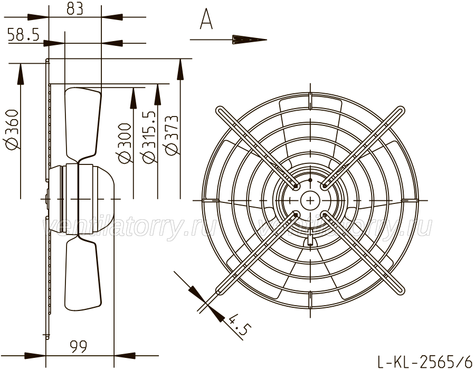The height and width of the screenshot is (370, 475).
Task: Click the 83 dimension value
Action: point(75,9)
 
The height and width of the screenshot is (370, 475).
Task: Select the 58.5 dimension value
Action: point(23,34)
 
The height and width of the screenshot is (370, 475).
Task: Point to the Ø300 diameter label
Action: point(125,143)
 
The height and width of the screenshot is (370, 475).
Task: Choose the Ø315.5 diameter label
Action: point(149,137)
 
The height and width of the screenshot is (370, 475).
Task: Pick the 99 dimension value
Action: point(79,346)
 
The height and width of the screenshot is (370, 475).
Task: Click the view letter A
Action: point(206,19)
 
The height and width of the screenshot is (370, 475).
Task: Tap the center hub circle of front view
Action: point(310,200)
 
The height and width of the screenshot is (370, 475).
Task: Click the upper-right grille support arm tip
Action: point(401,111)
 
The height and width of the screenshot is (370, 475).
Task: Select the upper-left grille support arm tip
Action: point(220,111)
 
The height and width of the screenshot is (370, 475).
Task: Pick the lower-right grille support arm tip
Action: point(400,290)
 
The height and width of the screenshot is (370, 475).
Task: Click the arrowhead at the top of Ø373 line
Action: point(180,70)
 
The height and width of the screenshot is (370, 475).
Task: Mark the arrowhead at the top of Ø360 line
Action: point(21,74)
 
